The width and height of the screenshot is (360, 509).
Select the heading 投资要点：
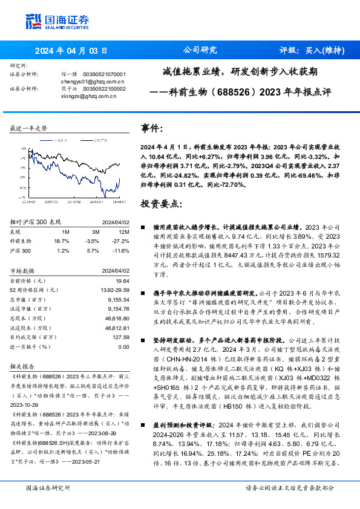(161, 203)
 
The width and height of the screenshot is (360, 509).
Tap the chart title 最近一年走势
(28, 129)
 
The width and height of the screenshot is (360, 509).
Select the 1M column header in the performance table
(65, 232)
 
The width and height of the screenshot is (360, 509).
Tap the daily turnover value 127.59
(120, 338)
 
